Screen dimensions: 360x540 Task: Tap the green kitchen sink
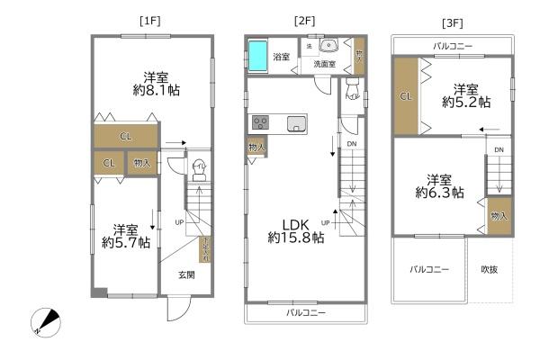pos(298,124)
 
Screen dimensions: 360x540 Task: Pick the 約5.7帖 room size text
pos(125,242)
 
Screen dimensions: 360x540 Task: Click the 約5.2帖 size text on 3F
pos(465,103)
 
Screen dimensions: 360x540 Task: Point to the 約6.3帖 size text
pos(439,192)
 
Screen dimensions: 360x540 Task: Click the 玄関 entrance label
pos(185,274)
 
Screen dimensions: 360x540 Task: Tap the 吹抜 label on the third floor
pos(489,268)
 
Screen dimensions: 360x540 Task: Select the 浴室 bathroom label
pos(282,57)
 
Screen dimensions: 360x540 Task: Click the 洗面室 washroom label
pos(324,64)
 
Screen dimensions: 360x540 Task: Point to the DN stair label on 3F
pos(498,149)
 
